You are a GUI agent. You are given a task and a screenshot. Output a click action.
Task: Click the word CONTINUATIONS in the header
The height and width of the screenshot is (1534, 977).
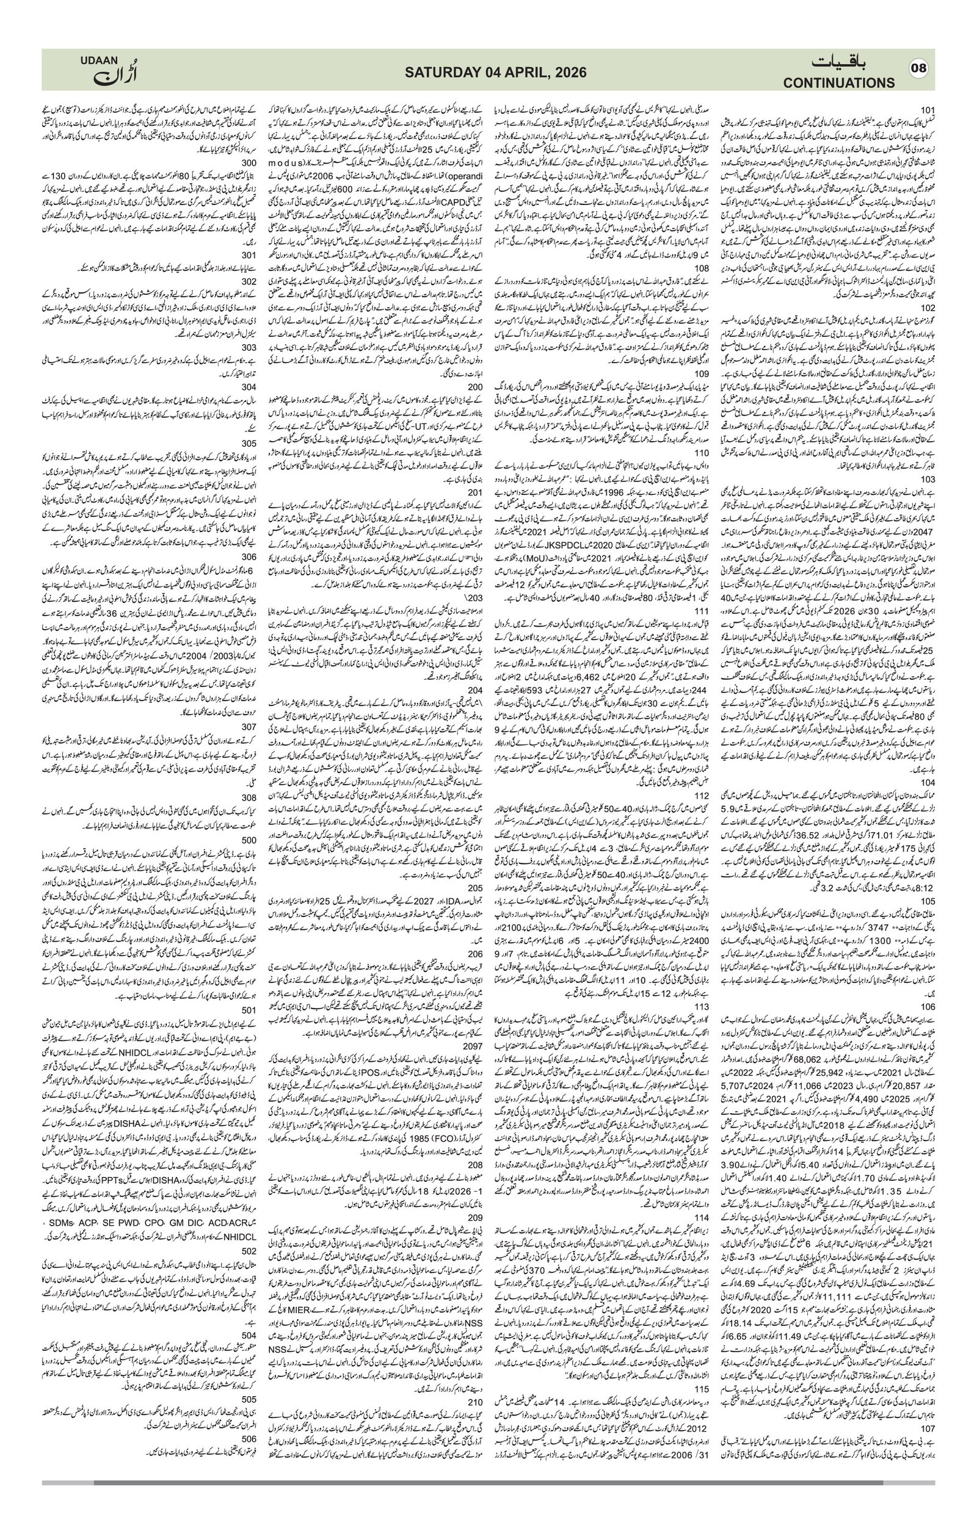point(839,83)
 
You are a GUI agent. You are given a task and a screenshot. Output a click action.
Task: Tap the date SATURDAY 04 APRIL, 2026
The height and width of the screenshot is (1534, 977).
point(488,73)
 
